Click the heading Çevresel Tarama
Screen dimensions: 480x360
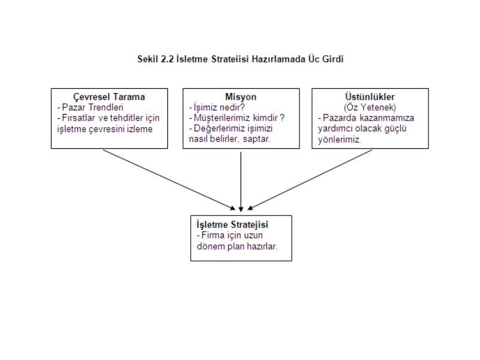point(109,97)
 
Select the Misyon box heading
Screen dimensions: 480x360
point(241,97)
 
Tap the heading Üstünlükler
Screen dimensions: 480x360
point(370,97)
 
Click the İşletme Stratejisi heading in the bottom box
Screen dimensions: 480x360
point(232,224)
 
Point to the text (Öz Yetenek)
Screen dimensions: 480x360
point(370,107)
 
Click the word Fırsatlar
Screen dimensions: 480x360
point(79,118)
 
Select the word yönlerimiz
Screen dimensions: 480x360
point(340,140)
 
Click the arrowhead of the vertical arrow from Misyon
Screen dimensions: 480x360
point(241,209)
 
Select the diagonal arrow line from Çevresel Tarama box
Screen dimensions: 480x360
point(169,179)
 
